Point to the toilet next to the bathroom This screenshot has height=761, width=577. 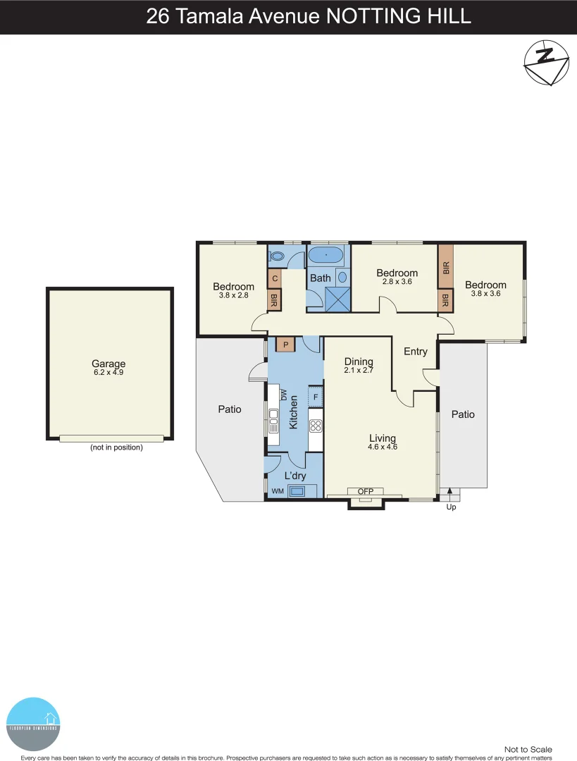(x=277, y=256)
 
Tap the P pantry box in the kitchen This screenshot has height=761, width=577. (x=285, y=345)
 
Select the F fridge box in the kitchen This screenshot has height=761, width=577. (x=316, y=397)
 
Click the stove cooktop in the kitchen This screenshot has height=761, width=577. (x=316, y=425)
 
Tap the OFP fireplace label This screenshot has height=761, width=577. (x=365, y=492)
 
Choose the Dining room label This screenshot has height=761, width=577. (x=359, y=362)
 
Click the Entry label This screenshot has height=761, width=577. (x=415, y=351)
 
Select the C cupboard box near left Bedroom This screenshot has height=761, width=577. (x=274, y=278)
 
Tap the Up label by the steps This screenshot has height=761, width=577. (x=451, y=506)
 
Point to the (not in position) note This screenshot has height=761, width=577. (x=116, y=447)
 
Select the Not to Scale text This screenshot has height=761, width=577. (x=528, y=749)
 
